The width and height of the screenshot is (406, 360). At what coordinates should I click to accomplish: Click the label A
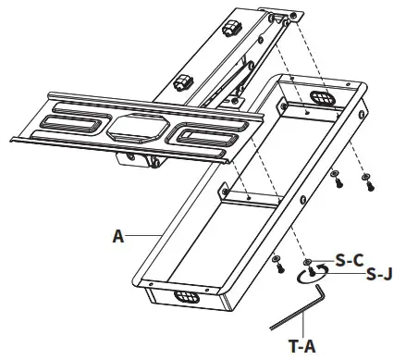(117, 236)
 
